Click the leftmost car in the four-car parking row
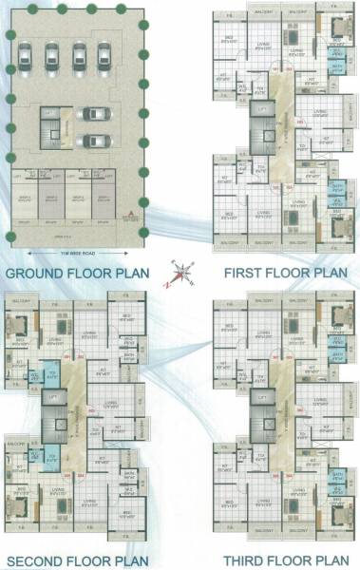pyautogui.click(x=26, y=57)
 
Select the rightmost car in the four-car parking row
pyautogui.click(x=100, y=57)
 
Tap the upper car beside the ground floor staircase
pyautogui.click(x=92, y=114)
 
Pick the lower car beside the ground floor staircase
pyautogui.click(x=92, y=142)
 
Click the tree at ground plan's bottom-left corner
pyautogui.click(x=10, y=235)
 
